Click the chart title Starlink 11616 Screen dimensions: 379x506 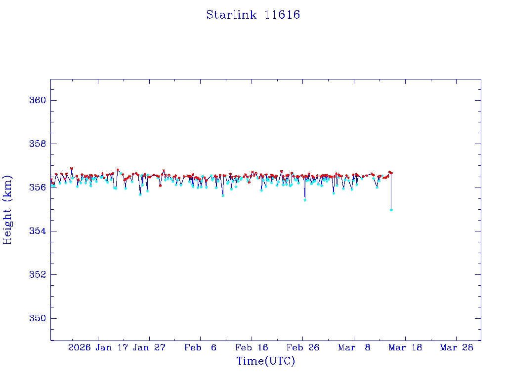(253, 15)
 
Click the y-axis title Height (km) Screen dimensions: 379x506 (7, 210)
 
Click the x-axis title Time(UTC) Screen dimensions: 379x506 (265, 361)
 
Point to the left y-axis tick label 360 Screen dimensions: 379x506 (39, 100)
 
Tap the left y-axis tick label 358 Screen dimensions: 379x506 (39, 144)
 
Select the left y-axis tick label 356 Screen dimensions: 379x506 (39, 188)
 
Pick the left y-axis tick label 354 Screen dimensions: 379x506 (39, 231)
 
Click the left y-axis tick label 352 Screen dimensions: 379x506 (39, 274)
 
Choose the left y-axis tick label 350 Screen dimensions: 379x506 (39, 318)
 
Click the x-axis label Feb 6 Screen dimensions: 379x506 (200, 347)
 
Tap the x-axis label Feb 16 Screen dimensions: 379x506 (252, 347)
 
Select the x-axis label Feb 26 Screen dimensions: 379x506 (303, 347)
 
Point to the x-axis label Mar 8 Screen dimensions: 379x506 (354, 347)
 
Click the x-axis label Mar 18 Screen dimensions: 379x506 (406, 347)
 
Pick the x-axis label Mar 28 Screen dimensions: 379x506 (457, 347)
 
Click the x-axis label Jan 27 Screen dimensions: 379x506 (149, 347)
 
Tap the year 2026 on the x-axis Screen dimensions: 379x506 (79, 347)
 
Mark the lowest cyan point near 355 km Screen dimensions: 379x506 (391, 210)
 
